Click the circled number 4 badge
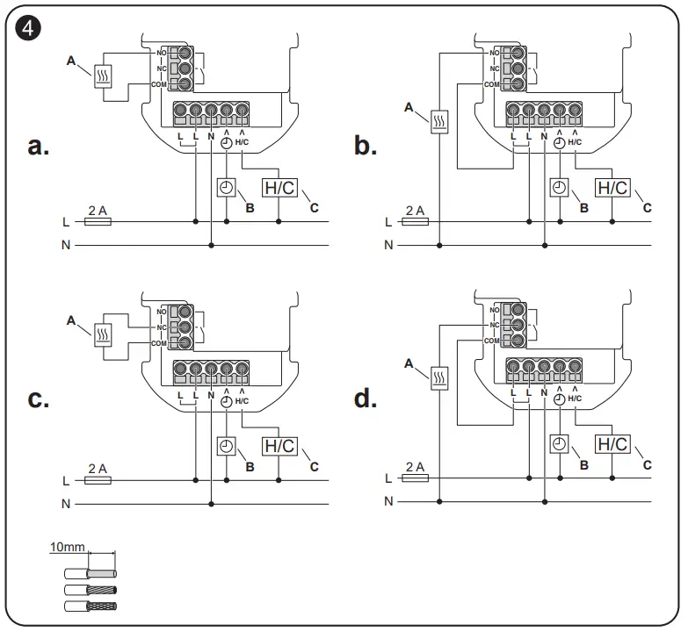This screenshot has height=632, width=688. (x=27, y=28)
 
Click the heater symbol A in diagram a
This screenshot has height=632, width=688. (x=103, y=76)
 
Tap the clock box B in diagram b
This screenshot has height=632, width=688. (x=559, y=188)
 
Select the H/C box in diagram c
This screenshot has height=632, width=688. (x=279, y=446)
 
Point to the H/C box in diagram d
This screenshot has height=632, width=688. (x=612, y=444)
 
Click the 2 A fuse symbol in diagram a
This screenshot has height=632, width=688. (x=98, y=222)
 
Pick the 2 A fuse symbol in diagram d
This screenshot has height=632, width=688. (x=415, y=478)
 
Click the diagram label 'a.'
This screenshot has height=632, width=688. (x=38, y=146)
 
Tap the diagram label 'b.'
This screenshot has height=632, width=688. (x=366, y=146)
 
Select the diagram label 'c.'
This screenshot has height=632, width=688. (x=38, y=399)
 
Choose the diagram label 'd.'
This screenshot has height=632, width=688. (x=366, y=399)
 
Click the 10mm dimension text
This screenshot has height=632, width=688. (x=67, y=547)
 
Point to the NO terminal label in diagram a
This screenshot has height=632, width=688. (x=162, y=53)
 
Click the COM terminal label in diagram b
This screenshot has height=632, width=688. (x=491, y=84)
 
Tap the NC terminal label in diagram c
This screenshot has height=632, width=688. (x=162, y=327)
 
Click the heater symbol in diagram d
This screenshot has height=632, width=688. (x=439, y=377)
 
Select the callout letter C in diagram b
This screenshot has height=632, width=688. (x=647, y=208)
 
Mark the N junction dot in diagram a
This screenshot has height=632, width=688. (x=211, y=246)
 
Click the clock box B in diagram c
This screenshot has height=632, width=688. (x=227, y=446)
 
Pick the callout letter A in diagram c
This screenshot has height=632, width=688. (x=71, y=320)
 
